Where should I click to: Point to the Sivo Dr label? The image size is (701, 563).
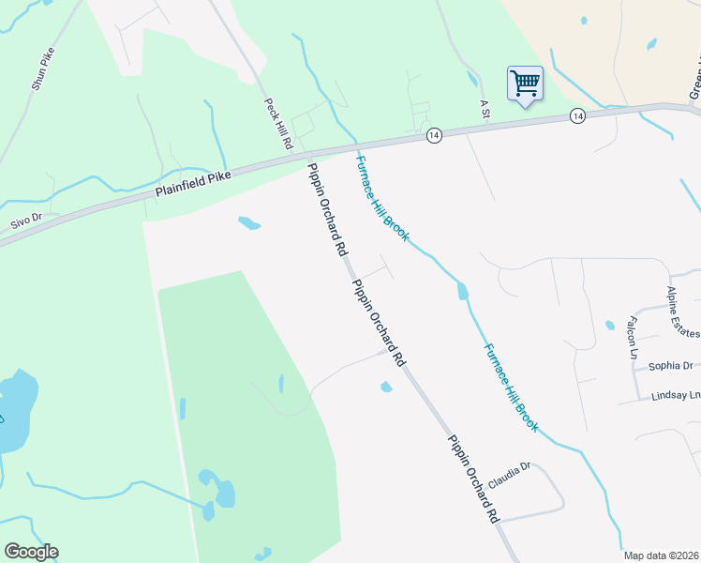[27, 221]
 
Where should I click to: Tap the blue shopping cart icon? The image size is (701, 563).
[525, 84]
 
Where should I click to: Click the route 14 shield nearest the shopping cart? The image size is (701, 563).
[576, 115]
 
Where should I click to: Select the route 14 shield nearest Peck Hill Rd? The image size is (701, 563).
[433, 135]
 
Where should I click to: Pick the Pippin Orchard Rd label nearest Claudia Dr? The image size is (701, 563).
[472, 479]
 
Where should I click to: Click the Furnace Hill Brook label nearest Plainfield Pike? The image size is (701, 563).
[381, 198]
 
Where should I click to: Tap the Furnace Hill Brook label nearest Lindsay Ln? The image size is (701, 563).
[511, 387]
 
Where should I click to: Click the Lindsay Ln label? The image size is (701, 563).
[676, 396]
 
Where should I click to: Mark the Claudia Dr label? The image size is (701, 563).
[509, 466]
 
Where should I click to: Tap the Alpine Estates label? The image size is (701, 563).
[684, 312]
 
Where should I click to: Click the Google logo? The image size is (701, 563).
[31, 552]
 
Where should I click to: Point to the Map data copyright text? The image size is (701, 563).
[661, 555]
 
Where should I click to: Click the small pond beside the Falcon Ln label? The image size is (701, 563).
[610, 326]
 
